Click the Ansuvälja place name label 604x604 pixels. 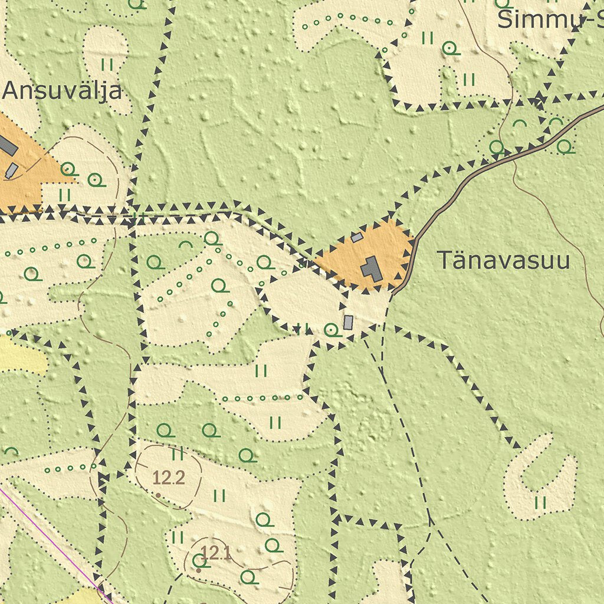pos(63,91)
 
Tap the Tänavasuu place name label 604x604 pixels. pos(503,260)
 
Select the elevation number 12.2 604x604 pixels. pos(169,477)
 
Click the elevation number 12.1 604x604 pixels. pos(216,553)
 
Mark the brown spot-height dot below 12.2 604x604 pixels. pos(158,494)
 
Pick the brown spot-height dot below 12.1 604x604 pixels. pos(199,570)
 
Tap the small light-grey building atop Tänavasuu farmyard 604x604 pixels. pos(357,237)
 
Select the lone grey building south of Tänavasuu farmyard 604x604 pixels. pos(348,322)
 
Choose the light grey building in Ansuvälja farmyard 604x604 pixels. pos(12,171)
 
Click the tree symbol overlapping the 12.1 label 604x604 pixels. pos(199,560)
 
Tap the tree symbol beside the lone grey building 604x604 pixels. pos(332,330)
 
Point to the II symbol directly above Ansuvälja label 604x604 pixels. pos(107,64)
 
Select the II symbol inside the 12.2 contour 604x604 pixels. pos(177,454)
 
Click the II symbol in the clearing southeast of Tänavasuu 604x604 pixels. pos(540,503)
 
